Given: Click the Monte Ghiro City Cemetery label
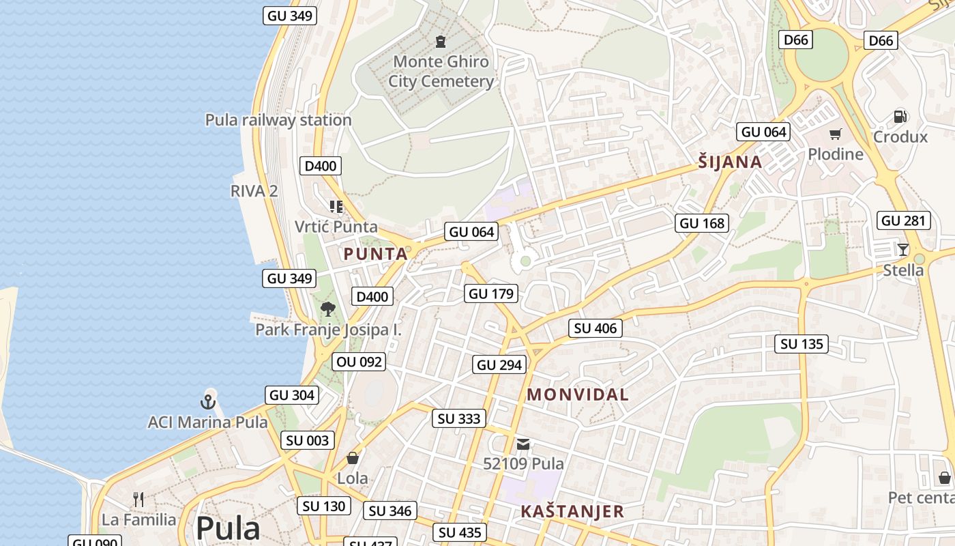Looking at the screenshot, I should click(441, 72).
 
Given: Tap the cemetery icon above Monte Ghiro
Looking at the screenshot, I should click(441, 41).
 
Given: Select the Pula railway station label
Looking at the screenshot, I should click(278, 120).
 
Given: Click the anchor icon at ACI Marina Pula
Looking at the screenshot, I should click(208, 401).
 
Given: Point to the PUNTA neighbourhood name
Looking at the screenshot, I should click(375, 254).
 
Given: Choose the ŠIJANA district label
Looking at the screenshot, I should click(729, 162).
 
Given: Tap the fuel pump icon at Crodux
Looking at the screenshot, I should click(900, 117).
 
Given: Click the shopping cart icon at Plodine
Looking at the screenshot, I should click(835, 134).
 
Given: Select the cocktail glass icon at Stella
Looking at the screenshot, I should click(903, 250).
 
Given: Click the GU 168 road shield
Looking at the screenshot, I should click(702, 223).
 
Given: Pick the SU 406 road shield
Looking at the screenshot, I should click(596, 328).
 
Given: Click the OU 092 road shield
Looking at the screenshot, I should click(359, 362).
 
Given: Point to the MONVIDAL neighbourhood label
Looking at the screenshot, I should click(578, 394).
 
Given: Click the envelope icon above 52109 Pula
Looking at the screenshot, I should click(523, 444).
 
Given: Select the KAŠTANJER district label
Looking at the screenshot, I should click(572, 511).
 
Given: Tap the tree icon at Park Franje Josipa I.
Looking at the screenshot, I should click(328, 309).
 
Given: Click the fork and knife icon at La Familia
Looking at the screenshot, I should click(138, 500).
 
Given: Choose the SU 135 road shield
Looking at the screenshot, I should click(802, 344).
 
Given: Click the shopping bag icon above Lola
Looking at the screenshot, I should click(353, 458).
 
